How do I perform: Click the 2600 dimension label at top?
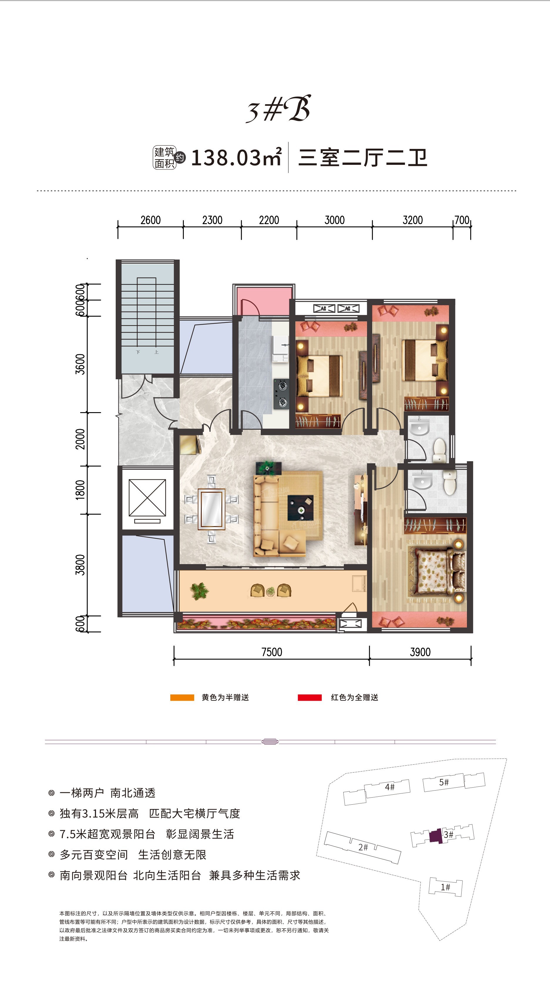tap(150, 220)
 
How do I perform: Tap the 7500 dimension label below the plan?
tap(271, 652)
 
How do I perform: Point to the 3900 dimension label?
tap(420, 652)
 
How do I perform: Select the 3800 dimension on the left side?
tap(80, 564)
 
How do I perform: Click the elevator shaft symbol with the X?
tap(147, 498)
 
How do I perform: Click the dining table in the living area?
tap(211, 509)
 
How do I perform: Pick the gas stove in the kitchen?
tap(281, 394)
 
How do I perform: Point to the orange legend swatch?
tap(182, 697)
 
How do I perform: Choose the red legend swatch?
tap(310, 697)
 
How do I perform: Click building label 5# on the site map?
tap(444, 782)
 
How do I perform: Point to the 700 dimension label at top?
tap(462, 220)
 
